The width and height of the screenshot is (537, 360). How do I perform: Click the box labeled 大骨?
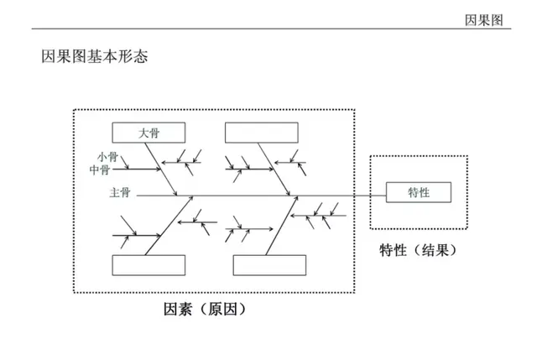click(147, 133)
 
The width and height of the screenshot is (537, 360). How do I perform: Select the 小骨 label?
click(108, 156)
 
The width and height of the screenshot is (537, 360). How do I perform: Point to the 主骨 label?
click(119, 193)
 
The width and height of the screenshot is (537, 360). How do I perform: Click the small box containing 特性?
click(419, 192)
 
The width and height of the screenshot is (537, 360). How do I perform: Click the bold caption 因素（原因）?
click(205, 310)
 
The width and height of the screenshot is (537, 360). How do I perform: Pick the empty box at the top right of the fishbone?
click(261, 133)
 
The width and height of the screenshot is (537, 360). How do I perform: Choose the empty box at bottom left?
click(149, 264)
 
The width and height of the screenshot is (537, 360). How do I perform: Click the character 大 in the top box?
click(142, 133)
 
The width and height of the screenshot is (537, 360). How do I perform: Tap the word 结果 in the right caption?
click(439, 249)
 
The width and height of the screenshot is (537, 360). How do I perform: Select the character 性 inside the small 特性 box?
click(425, 192)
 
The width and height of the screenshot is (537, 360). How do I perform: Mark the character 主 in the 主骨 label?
click(114, 193)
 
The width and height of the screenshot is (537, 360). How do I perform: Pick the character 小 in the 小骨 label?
click(102, 156)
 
